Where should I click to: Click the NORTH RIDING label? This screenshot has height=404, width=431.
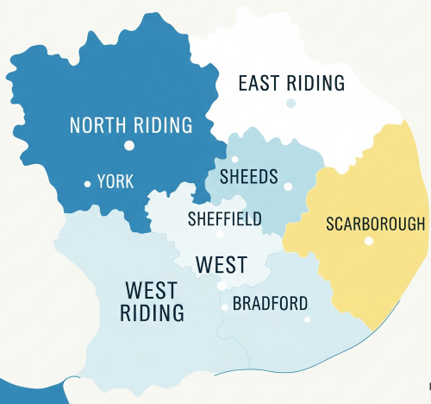coord(130,125)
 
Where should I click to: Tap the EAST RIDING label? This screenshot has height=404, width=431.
coord(291,84)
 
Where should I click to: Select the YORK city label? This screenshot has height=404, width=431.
coord(116,182)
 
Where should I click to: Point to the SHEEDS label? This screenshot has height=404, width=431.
coord(249,177)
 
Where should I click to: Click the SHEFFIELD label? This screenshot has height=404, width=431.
coord(224,219)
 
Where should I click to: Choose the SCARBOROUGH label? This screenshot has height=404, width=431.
coord(376,224)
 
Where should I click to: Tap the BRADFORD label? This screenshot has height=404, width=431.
coord(270,304)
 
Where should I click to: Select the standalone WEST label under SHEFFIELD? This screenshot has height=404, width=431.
coord(222,265)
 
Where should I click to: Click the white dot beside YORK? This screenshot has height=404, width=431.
coord(87,183)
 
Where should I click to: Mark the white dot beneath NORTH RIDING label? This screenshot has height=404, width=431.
coord(128,145)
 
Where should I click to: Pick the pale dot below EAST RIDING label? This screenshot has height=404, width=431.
coord(291,104)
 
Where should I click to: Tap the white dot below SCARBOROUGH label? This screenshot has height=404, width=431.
coord(369,241)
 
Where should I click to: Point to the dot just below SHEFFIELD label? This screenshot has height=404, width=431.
coord(220,234)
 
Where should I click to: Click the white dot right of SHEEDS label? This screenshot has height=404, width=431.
coord(288,186)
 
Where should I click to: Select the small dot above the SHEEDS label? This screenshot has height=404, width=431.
coord(234,160)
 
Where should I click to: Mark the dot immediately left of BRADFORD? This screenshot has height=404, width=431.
coord(225,306)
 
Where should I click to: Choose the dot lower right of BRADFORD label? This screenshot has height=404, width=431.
coord(307,319)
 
